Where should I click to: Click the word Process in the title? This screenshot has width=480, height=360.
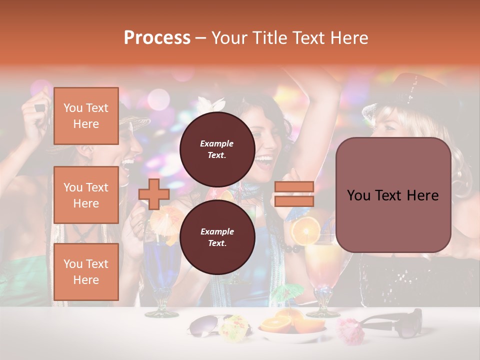point(157,38)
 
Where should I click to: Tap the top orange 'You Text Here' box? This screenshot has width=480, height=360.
point(86,116)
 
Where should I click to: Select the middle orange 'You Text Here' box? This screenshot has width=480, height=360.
point(86,195)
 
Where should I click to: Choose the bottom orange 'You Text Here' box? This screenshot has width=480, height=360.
point(86,271)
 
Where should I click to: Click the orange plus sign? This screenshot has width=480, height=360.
point(154,194)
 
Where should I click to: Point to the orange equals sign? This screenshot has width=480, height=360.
point(294,194)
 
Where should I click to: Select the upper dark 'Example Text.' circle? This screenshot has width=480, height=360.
point(217,149)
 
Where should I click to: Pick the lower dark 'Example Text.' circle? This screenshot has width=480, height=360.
point(217,237)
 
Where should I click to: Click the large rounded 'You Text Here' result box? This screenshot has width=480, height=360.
point(393,195)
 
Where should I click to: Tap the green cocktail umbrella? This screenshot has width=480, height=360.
point(287,292)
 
